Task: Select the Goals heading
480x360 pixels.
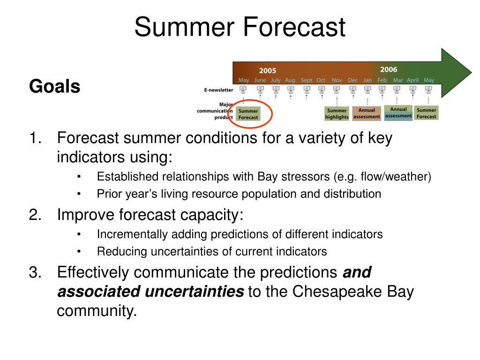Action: click(54, 86)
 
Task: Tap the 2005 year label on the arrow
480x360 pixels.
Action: click(268, 71)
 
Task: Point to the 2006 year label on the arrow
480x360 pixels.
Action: click(389, 69)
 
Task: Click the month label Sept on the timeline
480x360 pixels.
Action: click(307, 80)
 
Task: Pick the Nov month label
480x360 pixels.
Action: click(337, 80)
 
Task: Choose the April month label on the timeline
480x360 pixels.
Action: click(412, 80)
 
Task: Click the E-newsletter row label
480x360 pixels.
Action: click(218, 90)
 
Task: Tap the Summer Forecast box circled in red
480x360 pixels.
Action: click(248, 114)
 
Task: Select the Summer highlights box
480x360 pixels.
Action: click(337, 113)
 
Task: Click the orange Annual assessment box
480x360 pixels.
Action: click(367, 113)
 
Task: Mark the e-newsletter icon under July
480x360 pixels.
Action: click(276, 90)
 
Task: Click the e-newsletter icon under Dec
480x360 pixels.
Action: click(353, 90)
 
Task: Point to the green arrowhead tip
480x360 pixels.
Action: click(472, 73)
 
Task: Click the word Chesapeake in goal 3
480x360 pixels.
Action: click(337, 292)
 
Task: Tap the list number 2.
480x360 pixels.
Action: click(35, 215)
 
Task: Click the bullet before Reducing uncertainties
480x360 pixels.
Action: click(79, 252)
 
